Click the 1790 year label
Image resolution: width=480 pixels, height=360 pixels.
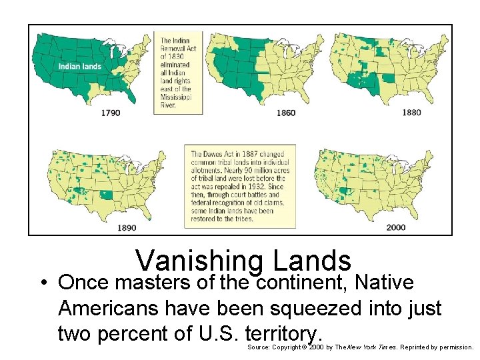(x=111, y=113)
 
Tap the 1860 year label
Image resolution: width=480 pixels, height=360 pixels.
(x=285, y=113)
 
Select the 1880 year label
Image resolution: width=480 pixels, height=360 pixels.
(x=411, y=112)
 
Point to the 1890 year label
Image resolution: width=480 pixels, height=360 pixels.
(x=127, y=227)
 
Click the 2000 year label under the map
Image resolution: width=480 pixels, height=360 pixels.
(x=395, y=227)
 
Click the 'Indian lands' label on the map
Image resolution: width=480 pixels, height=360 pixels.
(x=79, y=66)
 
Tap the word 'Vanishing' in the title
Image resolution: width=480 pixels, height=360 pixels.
(x=192, y=261)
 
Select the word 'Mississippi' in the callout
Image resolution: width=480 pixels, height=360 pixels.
(x=175, y=96)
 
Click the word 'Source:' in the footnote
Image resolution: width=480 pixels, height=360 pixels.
(x=259, y=347)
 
